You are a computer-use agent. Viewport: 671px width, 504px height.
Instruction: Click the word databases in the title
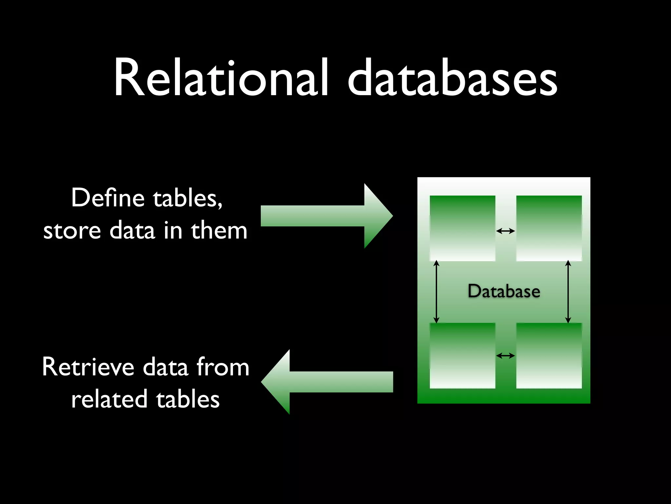tap(452, 79)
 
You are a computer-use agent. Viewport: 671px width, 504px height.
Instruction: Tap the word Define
tap(108, 198)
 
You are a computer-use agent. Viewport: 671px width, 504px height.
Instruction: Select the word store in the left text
tap(72, 231)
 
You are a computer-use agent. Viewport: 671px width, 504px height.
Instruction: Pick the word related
tap(109, 399)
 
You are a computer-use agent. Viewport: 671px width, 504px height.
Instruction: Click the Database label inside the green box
tap(504, 291)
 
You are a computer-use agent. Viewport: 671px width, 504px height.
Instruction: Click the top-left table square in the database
tap(462, 228)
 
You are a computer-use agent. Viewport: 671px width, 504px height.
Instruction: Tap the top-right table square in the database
tap(549, 228)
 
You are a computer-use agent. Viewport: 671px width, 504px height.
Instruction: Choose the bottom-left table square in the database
tap(462, 356)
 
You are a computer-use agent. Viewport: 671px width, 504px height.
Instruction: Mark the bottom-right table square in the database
tap(549, 356)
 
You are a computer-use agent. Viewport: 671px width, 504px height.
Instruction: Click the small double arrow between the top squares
tap(506, 231)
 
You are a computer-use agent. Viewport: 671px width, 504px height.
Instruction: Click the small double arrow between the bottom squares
tap(506, 356)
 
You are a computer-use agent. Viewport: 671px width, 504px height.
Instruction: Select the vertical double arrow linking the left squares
tap(436, 292)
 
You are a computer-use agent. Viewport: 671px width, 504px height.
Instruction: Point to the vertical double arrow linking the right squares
tap(568, 292)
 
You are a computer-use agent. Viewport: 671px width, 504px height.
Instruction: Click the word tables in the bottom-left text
tap(188, 399)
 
